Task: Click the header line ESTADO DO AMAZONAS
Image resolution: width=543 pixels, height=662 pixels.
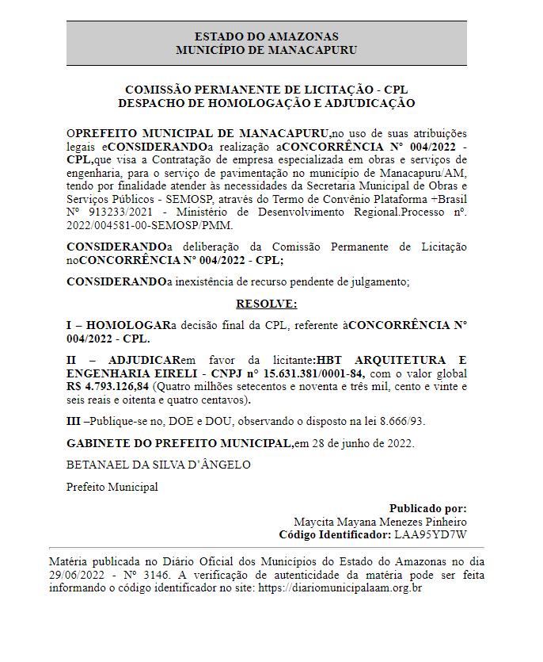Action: click(266, 36)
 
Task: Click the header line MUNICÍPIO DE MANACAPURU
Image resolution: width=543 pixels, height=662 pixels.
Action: click(266, 49)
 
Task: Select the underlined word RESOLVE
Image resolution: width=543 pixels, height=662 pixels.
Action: click(266, 304)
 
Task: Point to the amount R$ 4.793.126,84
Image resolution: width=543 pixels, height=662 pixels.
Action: click(108, 386)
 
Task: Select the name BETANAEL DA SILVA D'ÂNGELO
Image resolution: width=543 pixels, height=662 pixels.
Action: click(158, 465)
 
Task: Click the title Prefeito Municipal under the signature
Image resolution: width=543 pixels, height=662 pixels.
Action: click(112, 487)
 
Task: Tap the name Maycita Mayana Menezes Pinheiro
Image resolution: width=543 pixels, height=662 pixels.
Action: click(380, 522)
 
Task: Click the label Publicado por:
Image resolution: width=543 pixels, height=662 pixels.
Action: click(427, 508)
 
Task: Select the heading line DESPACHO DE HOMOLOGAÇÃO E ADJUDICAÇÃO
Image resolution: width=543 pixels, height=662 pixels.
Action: click(266, 103)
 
